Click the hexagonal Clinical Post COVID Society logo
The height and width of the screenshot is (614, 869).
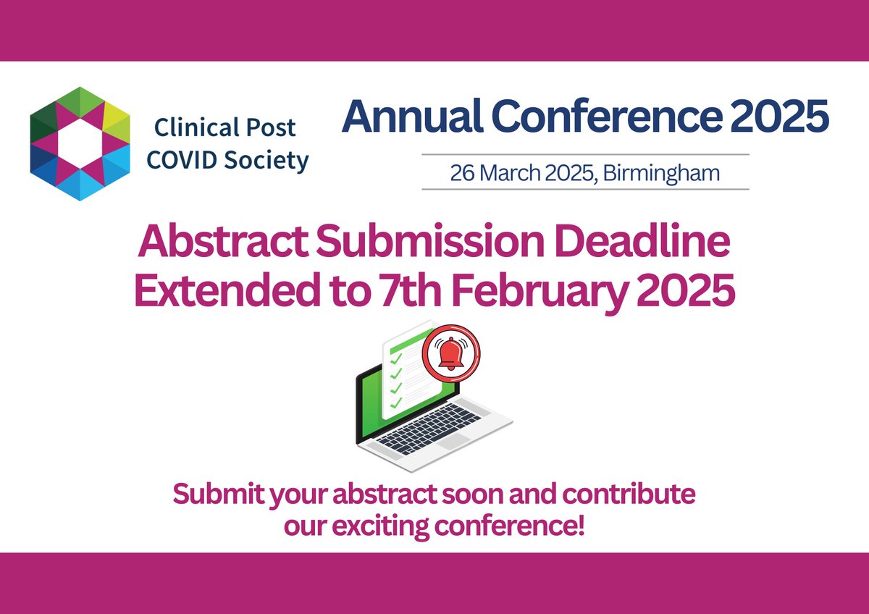click(x=80, y=143)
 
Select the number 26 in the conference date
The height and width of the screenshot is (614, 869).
click(x=460, y=174)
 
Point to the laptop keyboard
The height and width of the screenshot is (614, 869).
click(x=434, y=428)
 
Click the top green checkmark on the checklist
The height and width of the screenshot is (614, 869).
click(x=395, y=356)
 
